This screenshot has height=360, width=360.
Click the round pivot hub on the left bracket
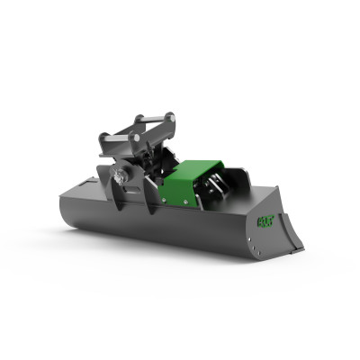(120, 179)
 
